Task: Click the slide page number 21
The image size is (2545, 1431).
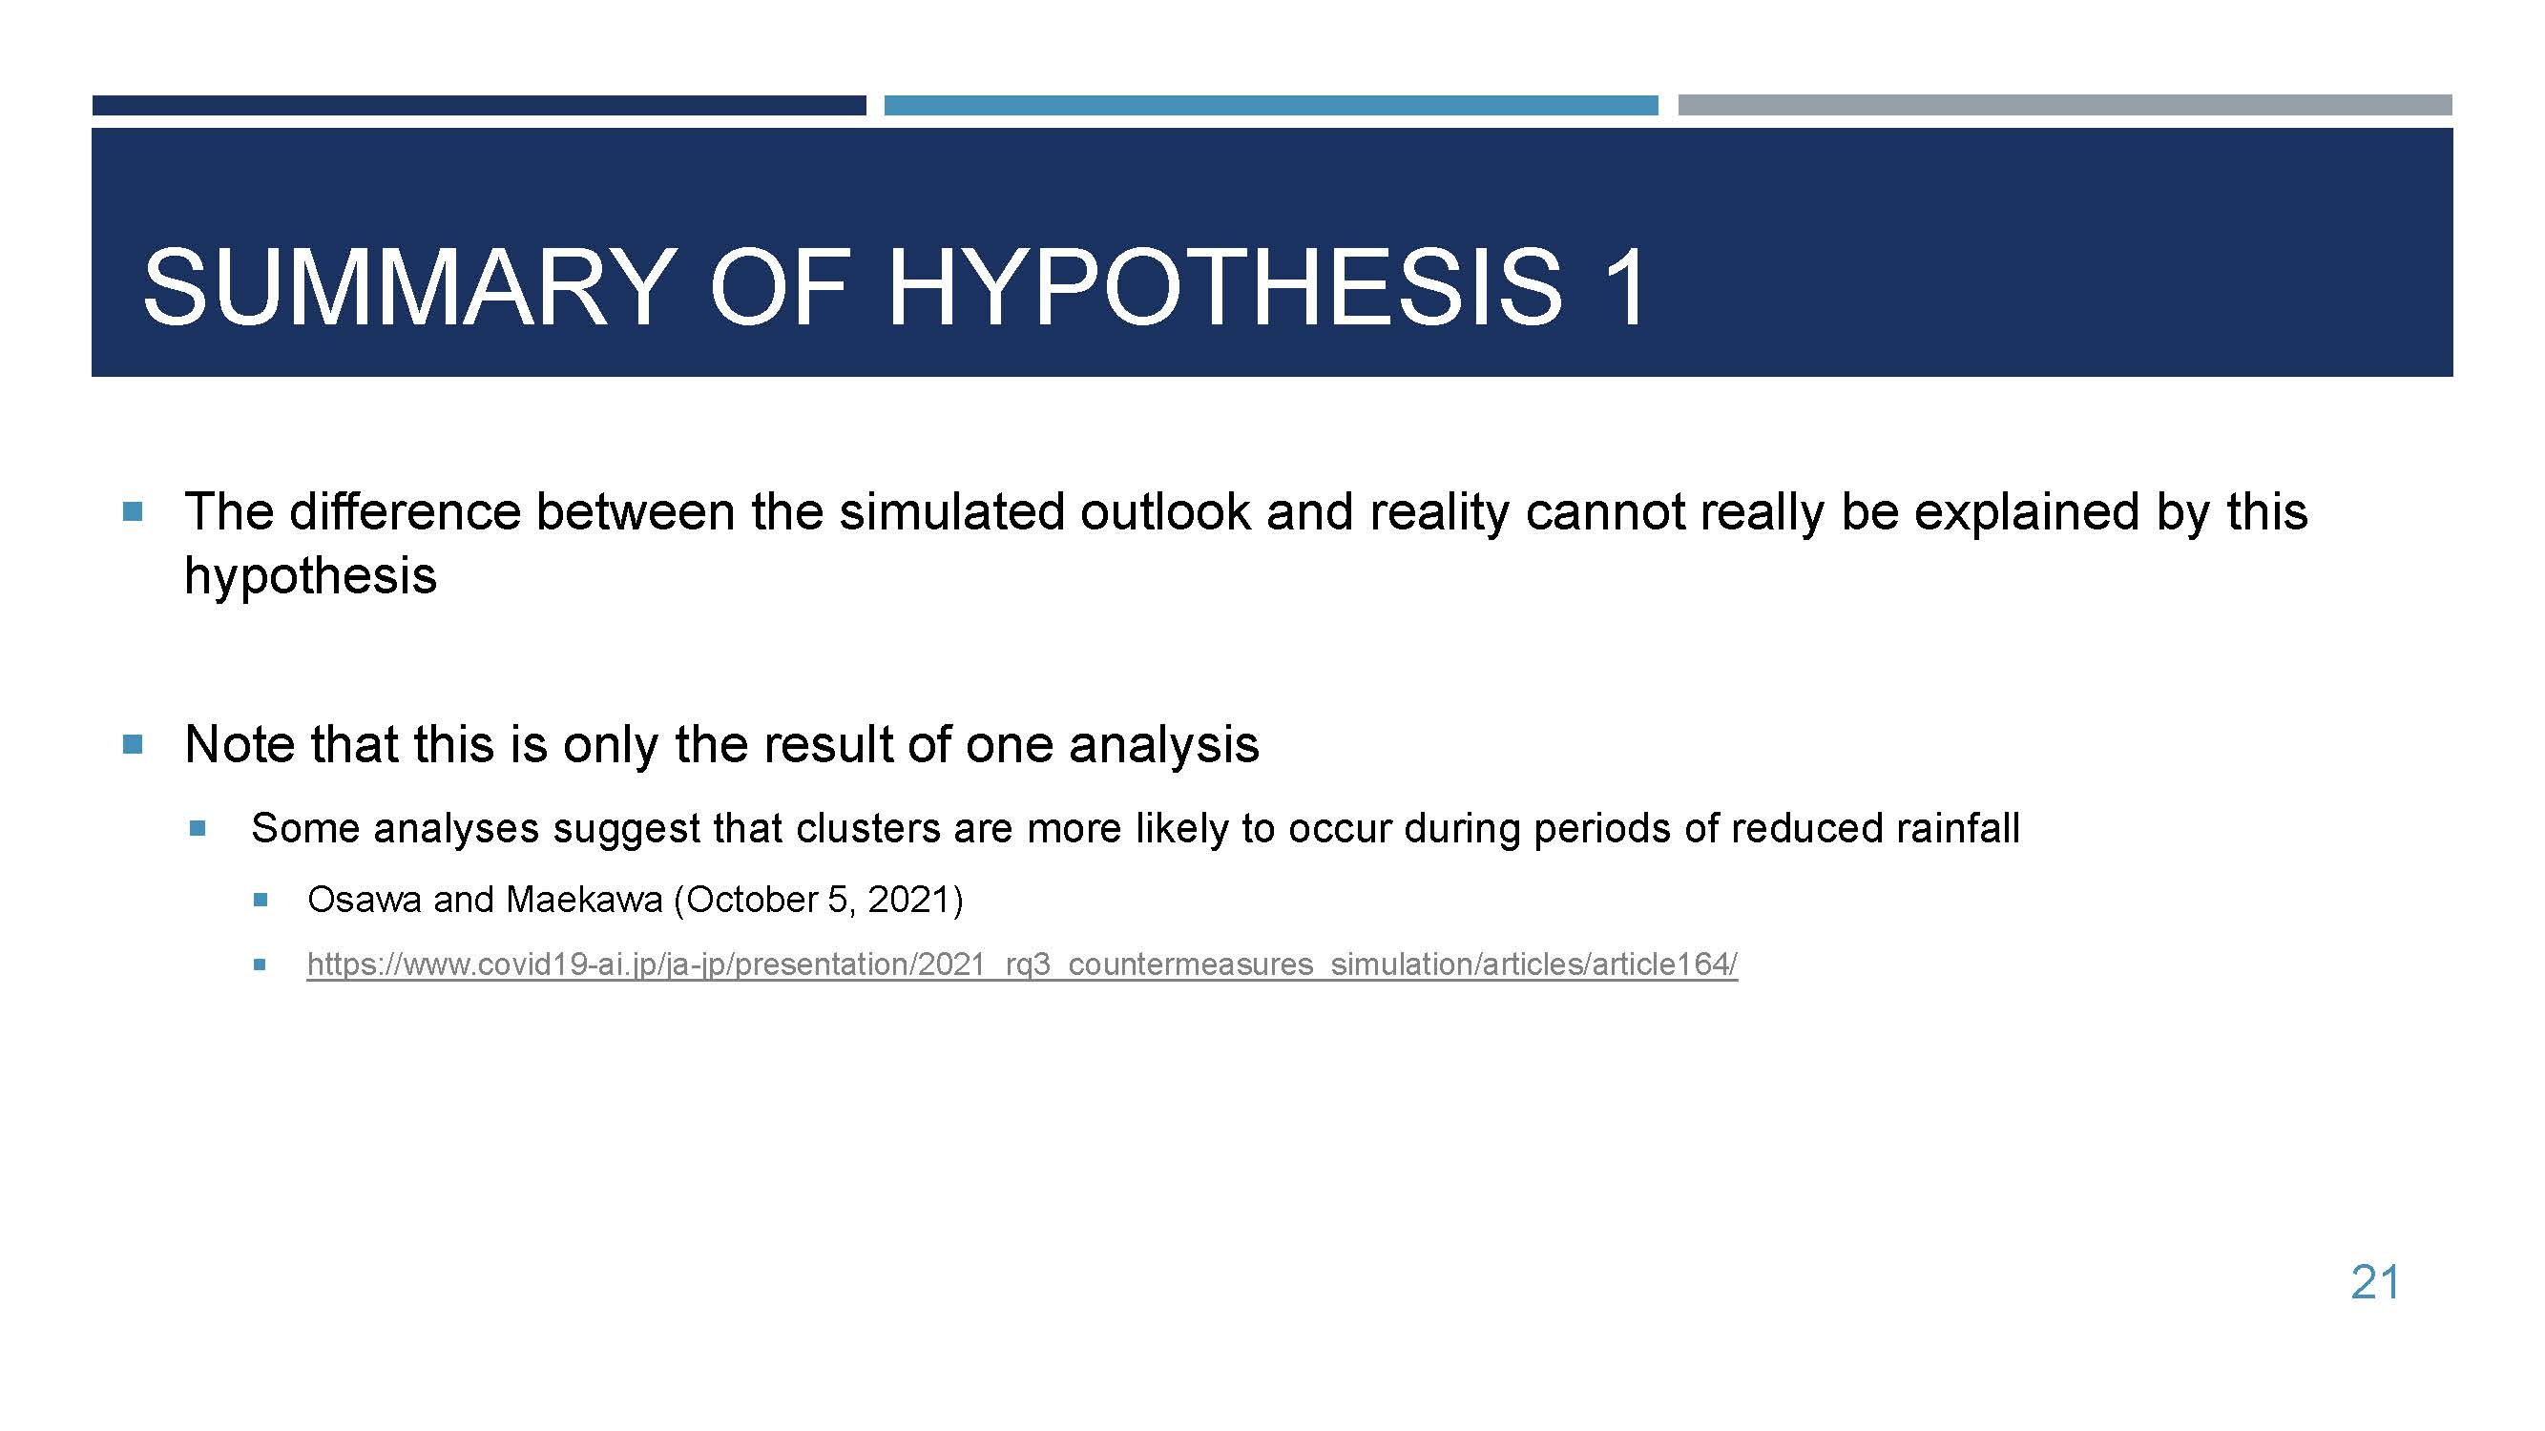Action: tap(2375, 1283)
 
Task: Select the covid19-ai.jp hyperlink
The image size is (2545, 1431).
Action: tap(1023, 964)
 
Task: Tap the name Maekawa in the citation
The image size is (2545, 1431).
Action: tap(584, 900)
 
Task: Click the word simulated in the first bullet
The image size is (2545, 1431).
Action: tap(951, 511)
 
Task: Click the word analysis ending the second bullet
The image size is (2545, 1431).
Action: tap(1164, 746)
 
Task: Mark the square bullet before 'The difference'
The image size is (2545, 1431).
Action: tap(133, 511)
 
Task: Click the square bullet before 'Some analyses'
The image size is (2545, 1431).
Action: tap(198, 827)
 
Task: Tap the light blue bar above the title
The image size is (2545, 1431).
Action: tap(1270, 105)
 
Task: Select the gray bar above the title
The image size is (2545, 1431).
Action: tap(2065, 105)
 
